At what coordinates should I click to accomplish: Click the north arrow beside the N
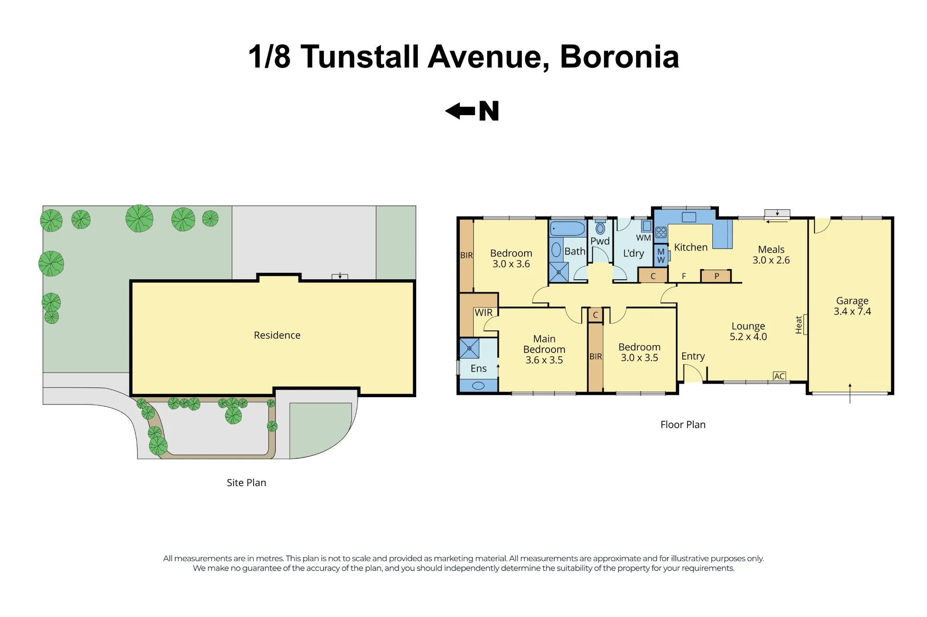(460, 111)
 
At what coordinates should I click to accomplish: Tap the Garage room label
(852, 301)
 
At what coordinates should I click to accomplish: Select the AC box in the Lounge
(779, 376)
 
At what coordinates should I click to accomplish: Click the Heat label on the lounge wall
(799, 325)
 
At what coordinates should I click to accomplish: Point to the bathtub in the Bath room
(568, 228)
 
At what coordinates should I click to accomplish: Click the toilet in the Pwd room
(600, 228)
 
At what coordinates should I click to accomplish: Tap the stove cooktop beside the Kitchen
(661, 232)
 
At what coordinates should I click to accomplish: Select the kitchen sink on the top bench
(689, 217)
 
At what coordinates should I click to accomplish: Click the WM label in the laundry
(643, 238)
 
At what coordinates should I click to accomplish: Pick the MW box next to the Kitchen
(661, 256)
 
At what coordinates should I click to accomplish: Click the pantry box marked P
(716, 276)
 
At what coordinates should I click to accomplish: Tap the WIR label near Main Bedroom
(483, 313)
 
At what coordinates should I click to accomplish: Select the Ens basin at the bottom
(478, 386)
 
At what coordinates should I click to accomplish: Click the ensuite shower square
(469, 348)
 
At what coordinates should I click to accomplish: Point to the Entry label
(693, 356)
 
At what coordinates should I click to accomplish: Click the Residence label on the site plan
(277, 335)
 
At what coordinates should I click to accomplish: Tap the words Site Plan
(247, 482)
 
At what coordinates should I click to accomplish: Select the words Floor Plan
(683, 424)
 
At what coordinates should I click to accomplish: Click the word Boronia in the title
(619, 57)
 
